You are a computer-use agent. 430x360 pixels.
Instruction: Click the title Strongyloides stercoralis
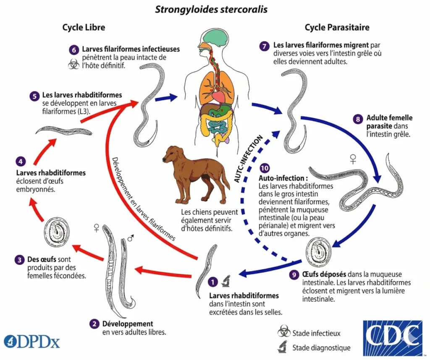[211, 9]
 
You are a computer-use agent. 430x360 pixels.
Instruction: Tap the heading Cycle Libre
[84, 28]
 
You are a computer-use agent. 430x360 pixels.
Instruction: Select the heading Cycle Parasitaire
[337, 28]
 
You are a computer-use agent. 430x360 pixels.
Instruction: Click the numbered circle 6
[73, 50]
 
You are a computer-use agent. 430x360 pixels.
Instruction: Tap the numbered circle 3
[19, 260]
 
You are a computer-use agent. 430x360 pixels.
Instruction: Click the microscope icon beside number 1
[225, 279]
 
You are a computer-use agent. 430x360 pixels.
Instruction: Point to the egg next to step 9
[318, 252]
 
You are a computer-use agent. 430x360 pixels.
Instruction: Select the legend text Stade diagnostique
[321, 347]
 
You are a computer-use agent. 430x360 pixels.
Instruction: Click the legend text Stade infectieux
[317, 334]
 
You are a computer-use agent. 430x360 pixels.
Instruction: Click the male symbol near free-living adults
[131, 238]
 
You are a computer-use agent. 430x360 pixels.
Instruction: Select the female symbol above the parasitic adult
[353, 159]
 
